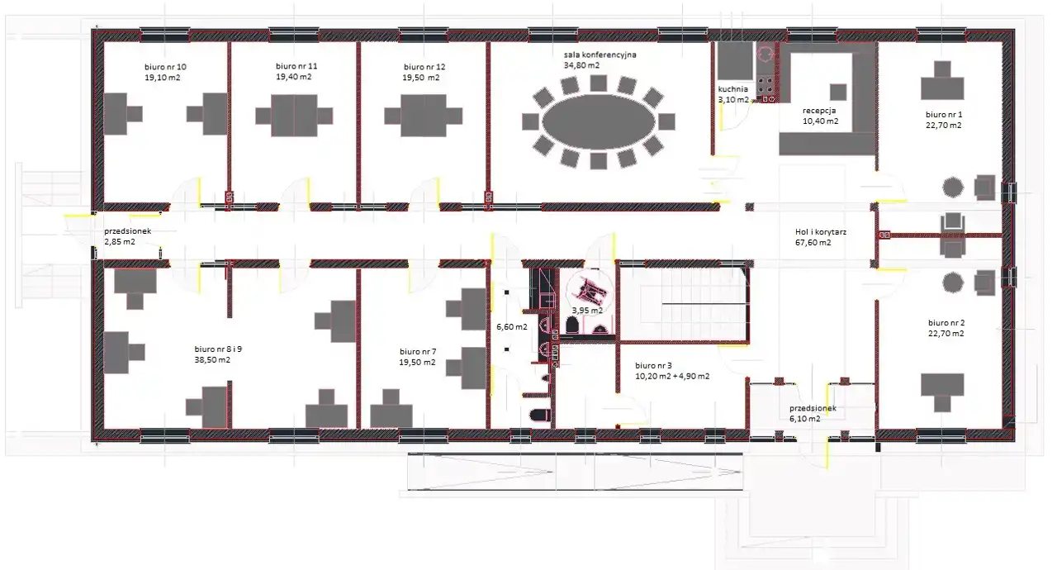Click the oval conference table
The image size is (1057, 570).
599,121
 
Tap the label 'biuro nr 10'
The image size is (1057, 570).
165,67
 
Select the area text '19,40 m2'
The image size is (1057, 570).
293,77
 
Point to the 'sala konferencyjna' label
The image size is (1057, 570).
600,55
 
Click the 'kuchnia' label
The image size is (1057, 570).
732,89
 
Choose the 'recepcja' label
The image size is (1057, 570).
819,111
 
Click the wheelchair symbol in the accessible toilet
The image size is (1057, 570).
590,291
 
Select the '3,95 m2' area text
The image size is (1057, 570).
587,311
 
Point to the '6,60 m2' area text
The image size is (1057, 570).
511,326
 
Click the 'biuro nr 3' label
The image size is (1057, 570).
653,366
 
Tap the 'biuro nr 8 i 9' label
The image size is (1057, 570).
218,349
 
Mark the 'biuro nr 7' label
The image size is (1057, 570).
418,352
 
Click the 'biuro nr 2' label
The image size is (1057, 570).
946,323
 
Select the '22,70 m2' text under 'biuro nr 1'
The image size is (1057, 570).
943,126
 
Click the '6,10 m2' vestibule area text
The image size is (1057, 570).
804,419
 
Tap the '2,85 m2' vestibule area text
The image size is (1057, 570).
120,242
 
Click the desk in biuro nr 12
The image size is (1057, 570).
424,116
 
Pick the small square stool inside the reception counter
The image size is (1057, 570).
838,92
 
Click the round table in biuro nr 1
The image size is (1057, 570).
953,187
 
